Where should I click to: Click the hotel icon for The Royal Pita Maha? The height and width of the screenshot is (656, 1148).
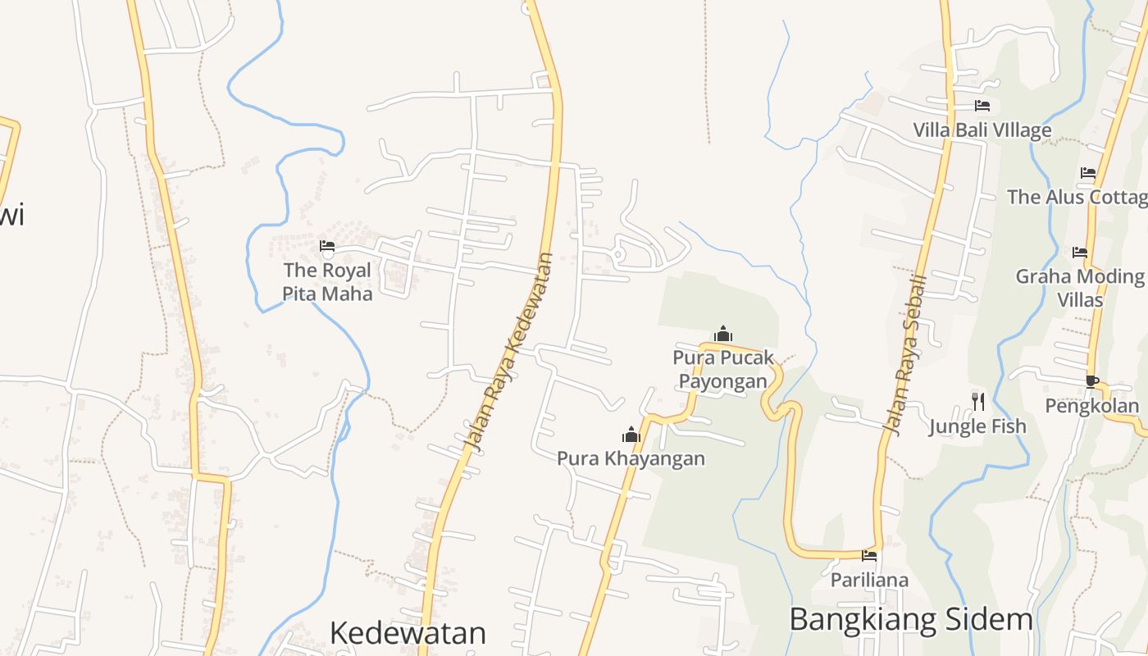click(327, 245)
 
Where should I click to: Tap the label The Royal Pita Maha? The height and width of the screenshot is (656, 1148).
click(327, 281)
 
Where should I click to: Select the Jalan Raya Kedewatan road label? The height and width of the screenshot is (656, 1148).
click(509, 353)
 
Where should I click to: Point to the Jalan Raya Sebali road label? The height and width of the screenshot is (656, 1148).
click(905, 353)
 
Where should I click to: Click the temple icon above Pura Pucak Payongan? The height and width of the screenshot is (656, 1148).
click(722, 334)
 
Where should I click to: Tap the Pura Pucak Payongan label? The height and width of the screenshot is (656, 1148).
click(722, 369)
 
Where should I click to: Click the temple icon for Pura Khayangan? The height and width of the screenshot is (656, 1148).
click(631, 434)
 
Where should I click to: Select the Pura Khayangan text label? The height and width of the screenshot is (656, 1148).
click(631, 458)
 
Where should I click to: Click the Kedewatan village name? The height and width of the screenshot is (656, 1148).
click(408, 632)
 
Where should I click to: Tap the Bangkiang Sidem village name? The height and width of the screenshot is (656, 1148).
click(910, 619)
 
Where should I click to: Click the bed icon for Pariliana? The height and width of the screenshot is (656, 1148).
click(869, 556)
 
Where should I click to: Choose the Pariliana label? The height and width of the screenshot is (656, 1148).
click(869, 580)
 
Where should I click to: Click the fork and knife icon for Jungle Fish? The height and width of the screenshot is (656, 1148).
click(977, 401)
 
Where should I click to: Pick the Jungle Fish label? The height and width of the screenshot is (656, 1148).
click(977, 426)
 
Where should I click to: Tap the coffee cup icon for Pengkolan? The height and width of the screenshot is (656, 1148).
click(1091, 380)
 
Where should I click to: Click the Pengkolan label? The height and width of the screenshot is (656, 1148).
click(1091, 405)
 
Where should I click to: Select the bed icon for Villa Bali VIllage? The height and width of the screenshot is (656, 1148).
click(982, 106)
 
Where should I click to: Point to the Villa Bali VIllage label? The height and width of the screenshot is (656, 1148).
click(982, 130)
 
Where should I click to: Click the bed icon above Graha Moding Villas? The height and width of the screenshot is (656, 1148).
click(1080, 253)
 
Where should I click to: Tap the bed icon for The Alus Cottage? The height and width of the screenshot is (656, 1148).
click(1088, 173)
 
